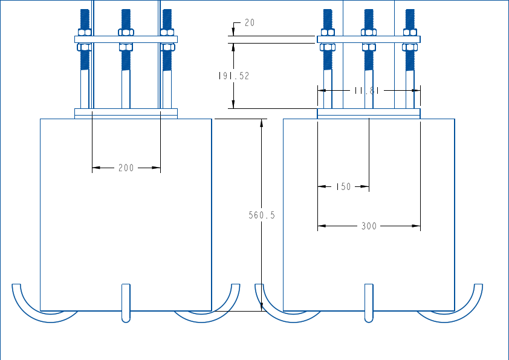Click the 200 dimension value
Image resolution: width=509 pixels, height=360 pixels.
tap(126, 168)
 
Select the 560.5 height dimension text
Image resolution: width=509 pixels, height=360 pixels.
tap(262, 215)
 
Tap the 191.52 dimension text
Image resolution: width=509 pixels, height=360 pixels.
tap(234, 76)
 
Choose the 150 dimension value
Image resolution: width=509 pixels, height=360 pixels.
tap(343, 187)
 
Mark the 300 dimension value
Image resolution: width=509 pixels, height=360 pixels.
tap(369, 226)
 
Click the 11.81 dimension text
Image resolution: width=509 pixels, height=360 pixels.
tap(366, 90)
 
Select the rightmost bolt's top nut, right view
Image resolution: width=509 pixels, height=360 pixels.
tap(410, 31)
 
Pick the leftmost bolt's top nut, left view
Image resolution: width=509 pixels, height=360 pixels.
tap(84, 31)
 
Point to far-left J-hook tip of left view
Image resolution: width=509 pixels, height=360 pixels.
tap(16, 286)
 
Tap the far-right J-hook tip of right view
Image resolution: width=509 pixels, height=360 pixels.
tap(479, 286)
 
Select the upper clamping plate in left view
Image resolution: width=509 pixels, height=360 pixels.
tap(126, 39)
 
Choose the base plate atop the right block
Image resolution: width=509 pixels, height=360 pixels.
tap(369, 113)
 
